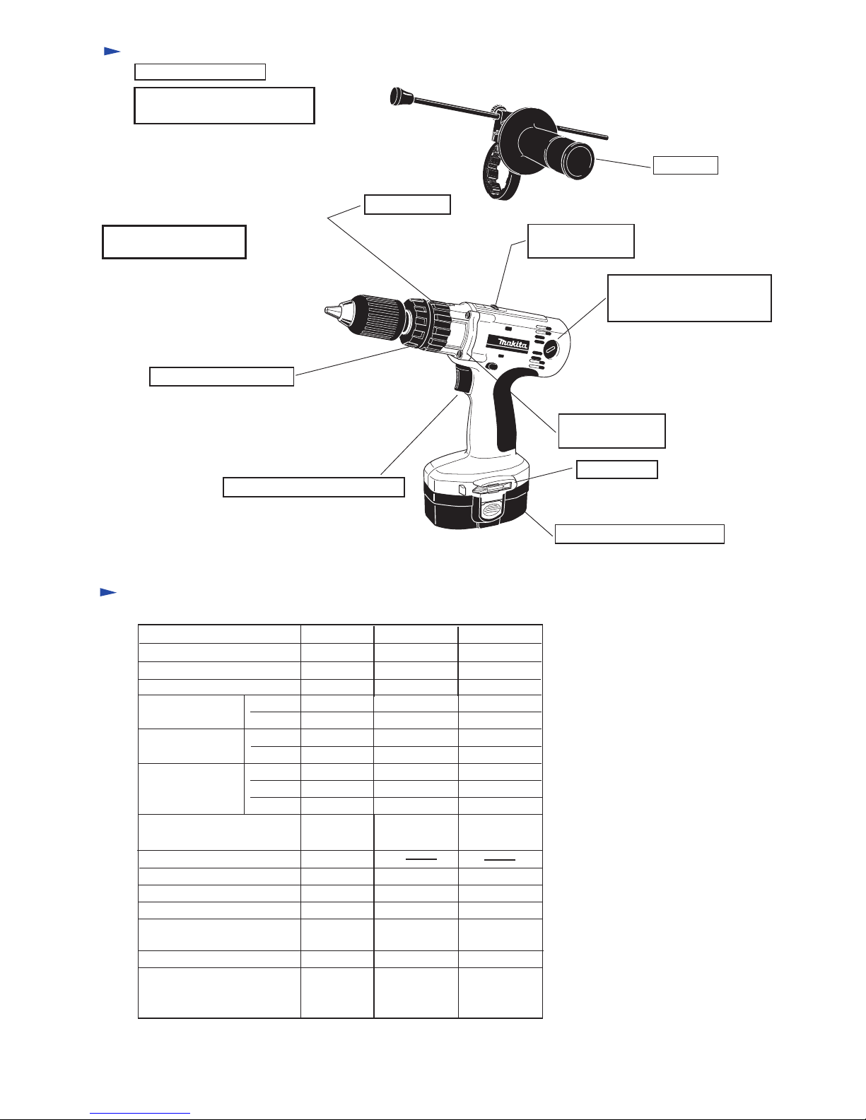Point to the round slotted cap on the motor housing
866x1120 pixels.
coord(550,350)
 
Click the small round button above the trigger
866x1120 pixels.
coord(491,366)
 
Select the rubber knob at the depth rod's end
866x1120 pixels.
coord(399,96)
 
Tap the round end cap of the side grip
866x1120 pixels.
coord(580,161)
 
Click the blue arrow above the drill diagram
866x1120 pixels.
coord(112,51)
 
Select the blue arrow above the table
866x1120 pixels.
coord(108,592)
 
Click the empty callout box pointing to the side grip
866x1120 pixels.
coord(685,165)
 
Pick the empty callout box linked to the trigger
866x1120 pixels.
coord(313,487)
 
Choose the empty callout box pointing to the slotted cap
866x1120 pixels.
coord(689,298)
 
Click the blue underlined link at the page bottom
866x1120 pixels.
coord(140,1113)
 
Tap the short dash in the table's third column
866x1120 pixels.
coord(421,859)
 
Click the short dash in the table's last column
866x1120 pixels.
coord(500,859)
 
